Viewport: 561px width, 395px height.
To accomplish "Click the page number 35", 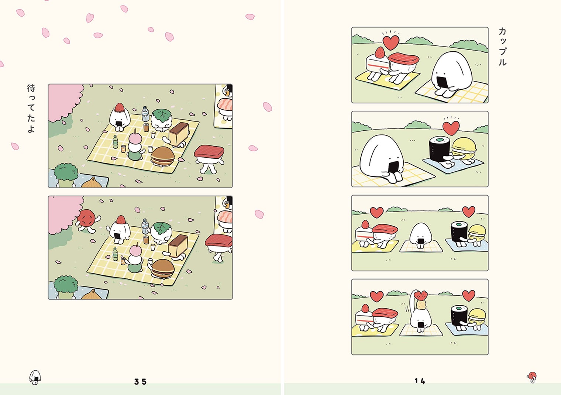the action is (140, 381).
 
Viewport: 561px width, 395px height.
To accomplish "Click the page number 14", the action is (420, 381).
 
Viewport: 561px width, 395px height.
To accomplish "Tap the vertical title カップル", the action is (502, 47).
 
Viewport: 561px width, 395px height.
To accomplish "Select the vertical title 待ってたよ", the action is (31, 109).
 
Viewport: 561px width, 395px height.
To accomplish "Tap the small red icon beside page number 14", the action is (532, 377).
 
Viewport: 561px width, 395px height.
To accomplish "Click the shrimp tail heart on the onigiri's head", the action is (421, 295).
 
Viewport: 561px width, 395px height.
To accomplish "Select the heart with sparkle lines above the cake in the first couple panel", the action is (391, 42).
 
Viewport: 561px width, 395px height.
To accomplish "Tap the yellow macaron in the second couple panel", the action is (464, 149).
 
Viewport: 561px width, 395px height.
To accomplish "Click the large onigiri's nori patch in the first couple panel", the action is (442, 82).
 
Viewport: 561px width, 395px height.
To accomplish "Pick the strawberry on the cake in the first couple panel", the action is (380, 52).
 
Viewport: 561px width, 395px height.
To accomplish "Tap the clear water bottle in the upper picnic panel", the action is (145, 114).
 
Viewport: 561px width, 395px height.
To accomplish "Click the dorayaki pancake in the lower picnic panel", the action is (163, 268).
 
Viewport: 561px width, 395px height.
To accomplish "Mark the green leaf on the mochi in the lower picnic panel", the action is (162, 228).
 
